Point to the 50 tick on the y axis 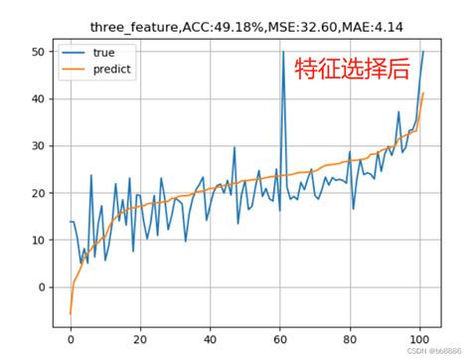39,52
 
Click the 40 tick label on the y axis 39,98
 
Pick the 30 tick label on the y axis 39,146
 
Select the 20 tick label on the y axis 39,193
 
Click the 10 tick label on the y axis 39,240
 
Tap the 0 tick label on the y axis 42,287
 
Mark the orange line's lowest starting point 71,314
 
